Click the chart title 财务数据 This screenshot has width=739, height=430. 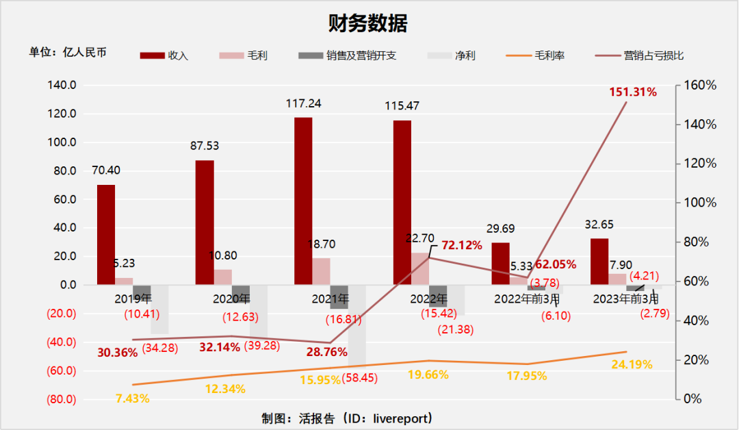368,24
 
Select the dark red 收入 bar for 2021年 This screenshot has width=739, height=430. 303,201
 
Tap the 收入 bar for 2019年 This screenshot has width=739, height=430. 106,234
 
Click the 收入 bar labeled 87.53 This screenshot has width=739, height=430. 205,222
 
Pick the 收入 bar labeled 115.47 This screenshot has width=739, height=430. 402,202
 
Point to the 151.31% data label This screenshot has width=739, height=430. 633,92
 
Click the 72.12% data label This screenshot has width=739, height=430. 462,245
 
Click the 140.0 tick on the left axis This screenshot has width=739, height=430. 62,86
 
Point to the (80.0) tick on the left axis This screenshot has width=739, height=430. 62,400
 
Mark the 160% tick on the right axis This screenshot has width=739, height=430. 700,86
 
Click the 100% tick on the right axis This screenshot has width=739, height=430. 700,203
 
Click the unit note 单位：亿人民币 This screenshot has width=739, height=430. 68,52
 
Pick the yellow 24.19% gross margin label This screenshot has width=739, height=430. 632,364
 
